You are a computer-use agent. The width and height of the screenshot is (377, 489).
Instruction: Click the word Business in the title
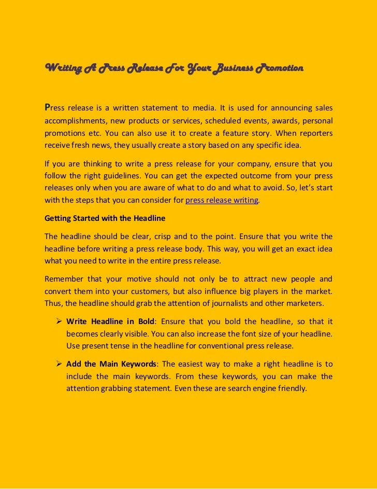(230, 68)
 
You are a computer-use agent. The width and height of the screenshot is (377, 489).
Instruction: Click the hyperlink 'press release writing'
(221, 200)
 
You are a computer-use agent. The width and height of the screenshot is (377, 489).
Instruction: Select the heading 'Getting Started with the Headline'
(99, 218)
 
